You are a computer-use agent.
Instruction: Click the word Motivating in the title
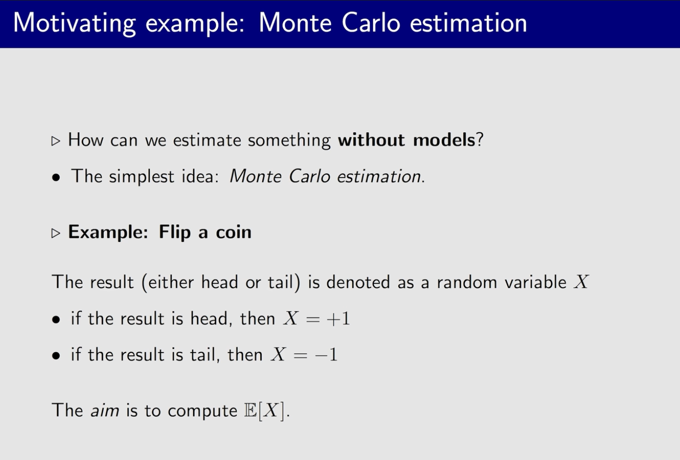coord(75,24)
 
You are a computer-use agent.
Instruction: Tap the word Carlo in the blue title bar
coord(371,23)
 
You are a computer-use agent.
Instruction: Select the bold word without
coord(372,140)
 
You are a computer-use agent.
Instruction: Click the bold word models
coord(444,140)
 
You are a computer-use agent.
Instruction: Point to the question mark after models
coord(480,140)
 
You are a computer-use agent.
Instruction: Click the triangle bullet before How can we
coord(55,141)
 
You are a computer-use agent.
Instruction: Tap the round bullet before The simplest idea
coord(56,177)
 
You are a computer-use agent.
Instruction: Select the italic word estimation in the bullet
coord(379,176)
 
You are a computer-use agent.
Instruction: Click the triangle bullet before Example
coord(55,233)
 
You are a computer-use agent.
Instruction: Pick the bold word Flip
coord(175,232)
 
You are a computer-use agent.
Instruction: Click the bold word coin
coord(234,232)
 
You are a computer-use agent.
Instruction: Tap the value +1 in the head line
coord(338,319)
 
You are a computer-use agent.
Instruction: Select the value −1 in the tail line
coord(326,355)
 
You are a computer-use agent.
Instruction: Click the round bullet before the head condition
coord(56,320)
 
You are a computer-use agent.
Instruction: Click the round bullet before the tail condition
coord(56,356)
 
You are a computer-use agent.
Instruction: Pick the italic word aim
coord(105,410)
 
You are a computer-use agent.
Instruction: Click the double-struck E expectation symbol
coord(250,410)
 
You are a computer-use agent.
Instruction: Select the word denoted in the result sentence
coord(358,282)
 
